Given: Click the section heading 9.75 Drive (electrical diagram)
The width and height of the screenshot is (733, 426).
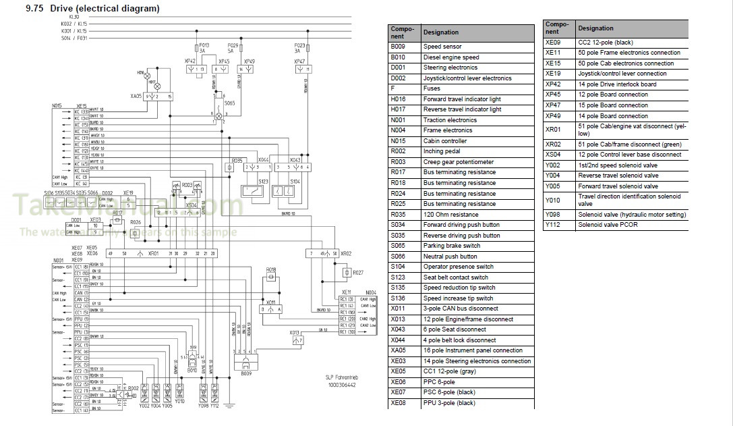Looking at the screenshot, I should click(x=84, y=9).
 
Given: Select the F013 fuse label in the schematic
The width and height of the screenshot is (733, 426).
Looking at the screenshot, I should click(x=204, y=45).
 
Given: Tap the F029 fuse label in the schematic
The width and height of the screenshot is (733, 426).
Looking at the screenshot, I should click(x=233, y=45).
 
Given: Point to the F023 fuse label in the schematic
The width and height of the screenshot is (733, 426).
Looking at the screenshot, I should click(x=300, y=45).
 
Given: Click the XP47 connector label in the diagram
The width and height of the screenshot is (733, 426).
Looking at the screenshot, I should click(x=300, y=61).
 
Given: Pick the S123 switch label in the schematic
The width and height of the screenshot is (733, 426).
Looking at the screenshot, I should click(x=262, y=182).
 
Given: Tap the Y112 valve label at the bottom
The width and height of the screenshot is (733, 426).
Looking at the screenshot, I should click(x=214, y=405).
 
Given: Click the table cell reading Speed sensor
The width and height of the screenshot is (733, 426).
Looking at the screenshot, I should click(x=442, y=47).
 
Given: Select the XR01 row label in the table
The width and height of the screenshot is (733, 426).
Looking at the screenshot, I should click(x=553, y=130).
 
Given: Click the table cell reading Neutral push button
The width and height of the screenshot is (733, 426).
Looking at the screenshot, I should click(x=450, y=257).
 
